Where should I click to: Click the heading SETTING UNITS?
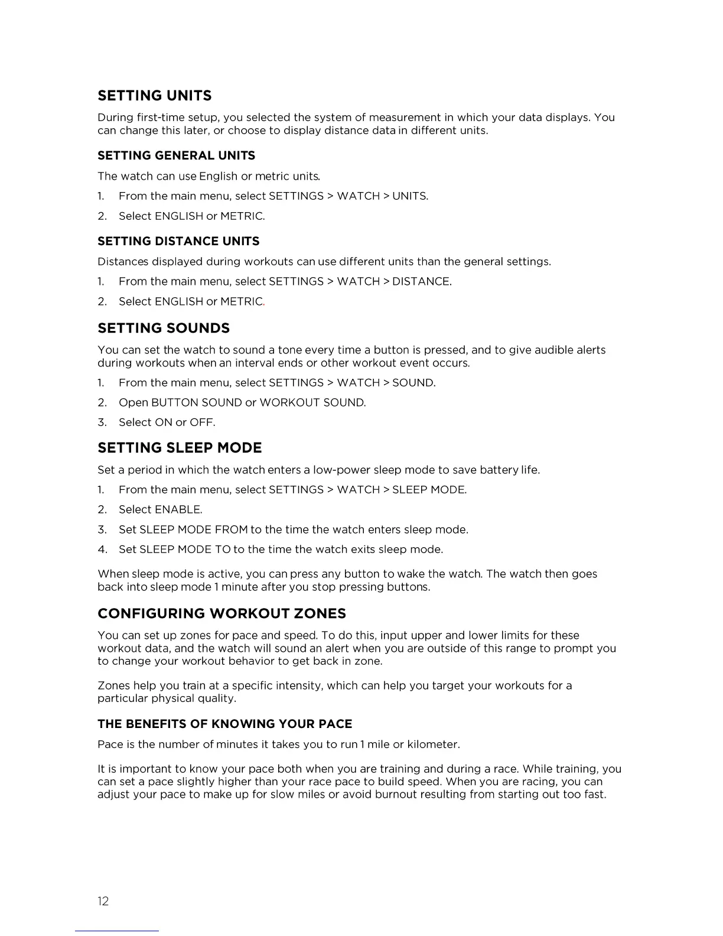(x=154, y=96)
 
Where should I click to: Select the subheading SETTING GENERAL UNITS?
(x=176, y=155)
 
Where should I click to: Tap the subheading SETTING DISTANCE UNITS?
(x=178, y=241)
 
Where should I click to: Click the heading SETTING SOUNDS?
(x=164, y=328)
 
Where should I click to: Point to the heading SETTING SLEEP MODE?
(x=180, y=448)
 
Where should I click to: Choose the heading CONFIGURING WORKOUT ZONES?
(x=222, y=613)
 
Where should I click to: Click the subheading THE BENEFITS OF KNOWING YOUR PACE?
(x=224, y=724)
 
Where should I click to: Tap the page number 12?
(x=103, y=901)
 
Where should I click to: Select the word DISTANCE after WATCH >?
(x=421, y=281)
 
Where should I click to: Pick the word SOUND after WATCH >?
(x=413, y=383)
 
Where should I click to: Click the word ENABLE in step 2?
(x=178, y=509)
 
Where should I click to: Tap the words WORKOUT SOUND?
(x=312, y=403)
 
